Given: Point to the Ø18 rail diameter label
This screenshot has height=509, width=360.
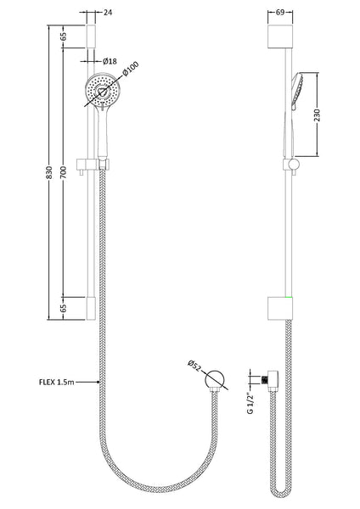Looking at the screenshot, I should click(x=110, y=61).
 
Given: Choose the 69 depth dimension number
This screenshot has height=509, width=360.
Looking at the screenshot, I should click(x=279, y=13).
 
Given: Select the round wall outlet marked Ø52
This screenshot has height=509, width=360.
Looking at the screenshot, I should click(x=216, y=379).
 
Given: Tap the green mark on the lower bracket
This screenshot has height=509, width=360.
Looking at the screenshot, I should click(x=290, y=299).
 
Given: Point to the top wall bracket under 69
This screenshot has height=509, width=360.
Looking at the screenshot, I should click(x=279, y=36).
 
